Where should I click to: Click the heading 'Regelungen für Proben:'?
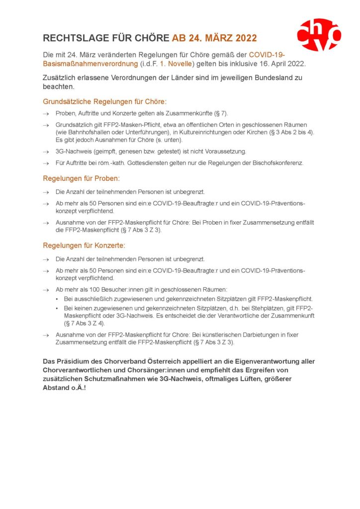[82, 178]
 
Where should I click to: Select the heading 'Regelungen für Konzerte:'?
[84, 246]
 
